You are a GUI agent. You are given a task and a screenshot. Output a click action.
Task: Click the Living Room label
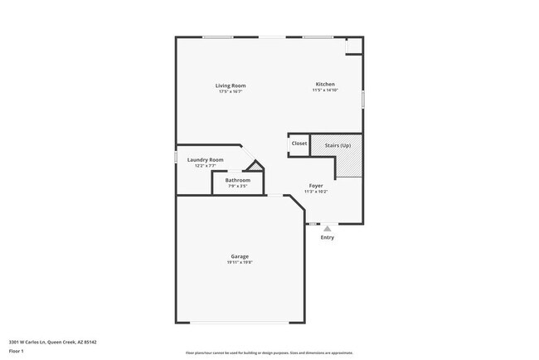pos(231,85)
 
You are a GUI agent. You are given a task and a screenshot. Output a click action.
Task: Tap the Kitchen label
pos(324,83)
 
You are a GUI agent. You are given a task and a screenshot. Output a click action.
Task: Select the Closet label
pos(299,144)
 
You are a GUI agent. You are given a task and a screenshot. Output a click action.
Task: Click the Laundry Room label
pos(205,159)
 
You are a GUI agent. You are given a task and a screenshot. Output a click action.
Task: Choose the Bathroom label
pos(238,180)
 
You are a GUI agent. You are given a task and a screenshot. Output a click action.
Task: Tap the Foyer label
pos(316,185)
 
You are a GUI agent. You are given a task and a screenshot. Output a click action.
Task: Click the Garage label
pos(240,256)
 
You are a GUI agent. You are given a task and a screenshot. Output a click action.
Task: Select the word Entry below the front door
pos(328,238)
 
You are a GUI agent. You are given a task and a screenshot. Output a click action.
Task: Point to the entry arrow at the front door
pos(328,228)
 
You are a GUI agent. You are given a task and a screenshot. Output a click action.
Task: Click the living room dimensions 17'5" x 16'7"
pos(231,92)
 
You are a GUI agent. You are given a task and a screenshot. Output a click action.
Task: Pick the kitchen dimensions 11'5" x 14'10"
pos(324,90)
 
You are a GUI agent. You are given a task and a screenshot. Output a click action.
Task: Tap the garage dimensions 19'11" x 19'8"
pos(240,263)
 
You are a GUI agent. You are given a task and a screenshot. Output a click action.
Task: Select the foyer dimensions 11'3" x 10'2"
pos(316,192)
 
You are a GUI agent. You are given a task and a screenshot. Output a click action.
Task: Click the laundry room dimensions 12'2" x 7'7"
pos(205,166)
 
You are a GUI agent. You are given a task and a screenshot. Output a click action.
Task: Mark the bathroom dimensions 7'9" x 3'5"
pos(238,187)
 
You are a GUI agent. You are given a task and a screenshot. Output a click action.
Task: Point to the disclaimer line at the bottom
pos(269,353)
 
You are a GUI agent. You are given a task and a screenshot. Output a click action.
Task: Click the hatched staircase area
pos(348,162)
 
